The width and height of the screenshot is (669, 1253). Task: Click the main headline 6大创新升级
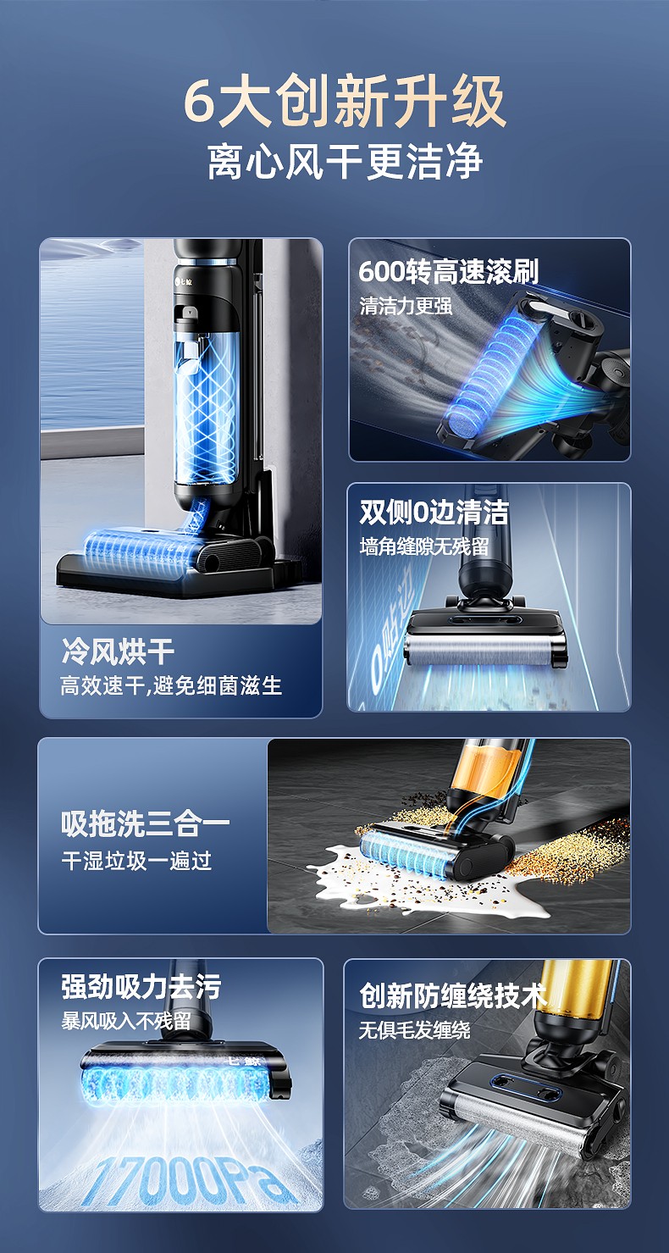point(346,102)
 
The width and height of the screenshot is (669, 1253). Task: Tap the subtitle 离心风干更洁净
point(346,162)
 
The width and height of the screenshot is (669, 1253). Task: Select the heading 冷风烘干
point(118,651)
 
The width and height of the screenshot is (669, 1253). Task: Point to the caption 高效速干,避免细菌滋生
point(171,685)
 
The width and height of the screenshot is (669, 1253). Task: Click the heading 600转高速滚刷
point(449,272)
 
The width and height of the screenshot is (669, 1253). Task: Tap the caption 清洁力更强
point(406,306)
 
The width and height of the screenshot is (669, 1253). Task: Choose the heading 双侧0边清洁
point(434,513)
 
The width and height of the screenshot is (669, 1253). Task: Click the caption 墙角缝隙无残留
point(424,546)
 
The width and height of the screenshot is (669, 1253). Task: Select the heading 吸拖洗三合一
point(146,824)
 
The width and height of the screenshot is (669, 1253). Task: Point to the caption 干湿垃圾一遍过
point(136,860)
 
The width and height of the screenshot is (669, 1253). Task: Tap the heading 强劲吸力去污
point(141,987)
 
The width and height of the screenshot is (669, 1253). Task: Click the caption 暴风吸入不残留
point(126,1022)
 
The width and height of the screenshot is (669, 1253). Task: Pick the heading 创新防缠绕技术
point(453,995)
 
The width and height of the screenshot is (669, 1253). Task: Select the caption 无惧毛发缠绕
point(414,1030)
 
